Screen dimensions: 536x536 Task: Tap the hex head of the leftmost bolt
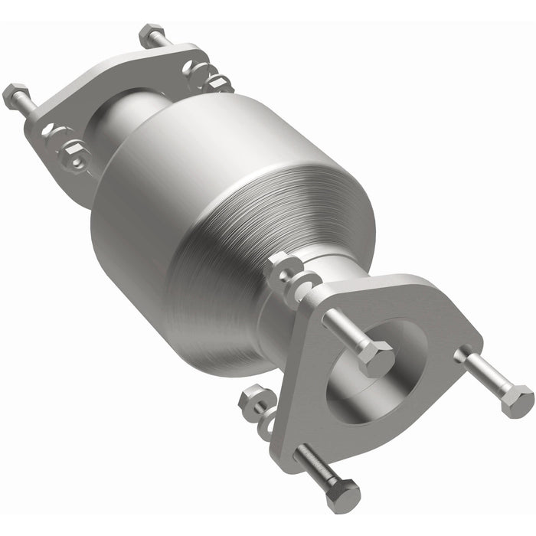click(x=15, y=96)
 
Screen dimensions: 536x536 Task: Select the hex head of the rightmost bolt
click(x=518, y=400)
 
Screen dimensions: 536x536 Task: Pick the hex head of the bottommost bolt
click(x=343, y=495)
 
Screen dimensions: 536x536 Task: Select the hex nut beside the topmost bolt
click(x=201, y=74)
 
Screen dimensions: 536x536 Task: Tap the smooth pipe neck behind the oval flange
click(x=126, y=123)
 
